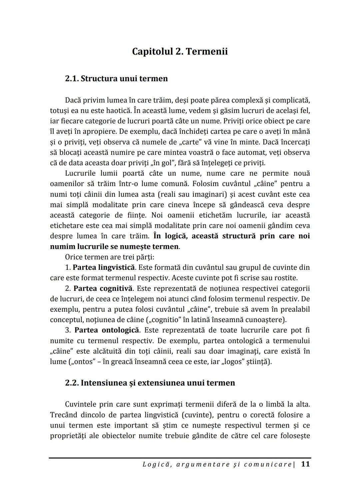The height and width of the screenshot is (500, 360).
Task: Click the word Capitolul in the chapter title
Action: pos(152,52)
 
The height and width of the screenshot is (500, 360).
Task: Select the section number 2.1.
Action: pos(72,79)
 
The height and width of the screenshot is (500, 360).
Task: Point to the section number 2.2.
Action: pos(72,383)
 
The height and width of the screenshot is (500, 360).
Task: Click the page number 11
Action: pos(305,464)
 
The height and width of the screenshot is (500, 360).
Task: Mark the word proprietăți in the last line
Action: pos(69,436)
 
